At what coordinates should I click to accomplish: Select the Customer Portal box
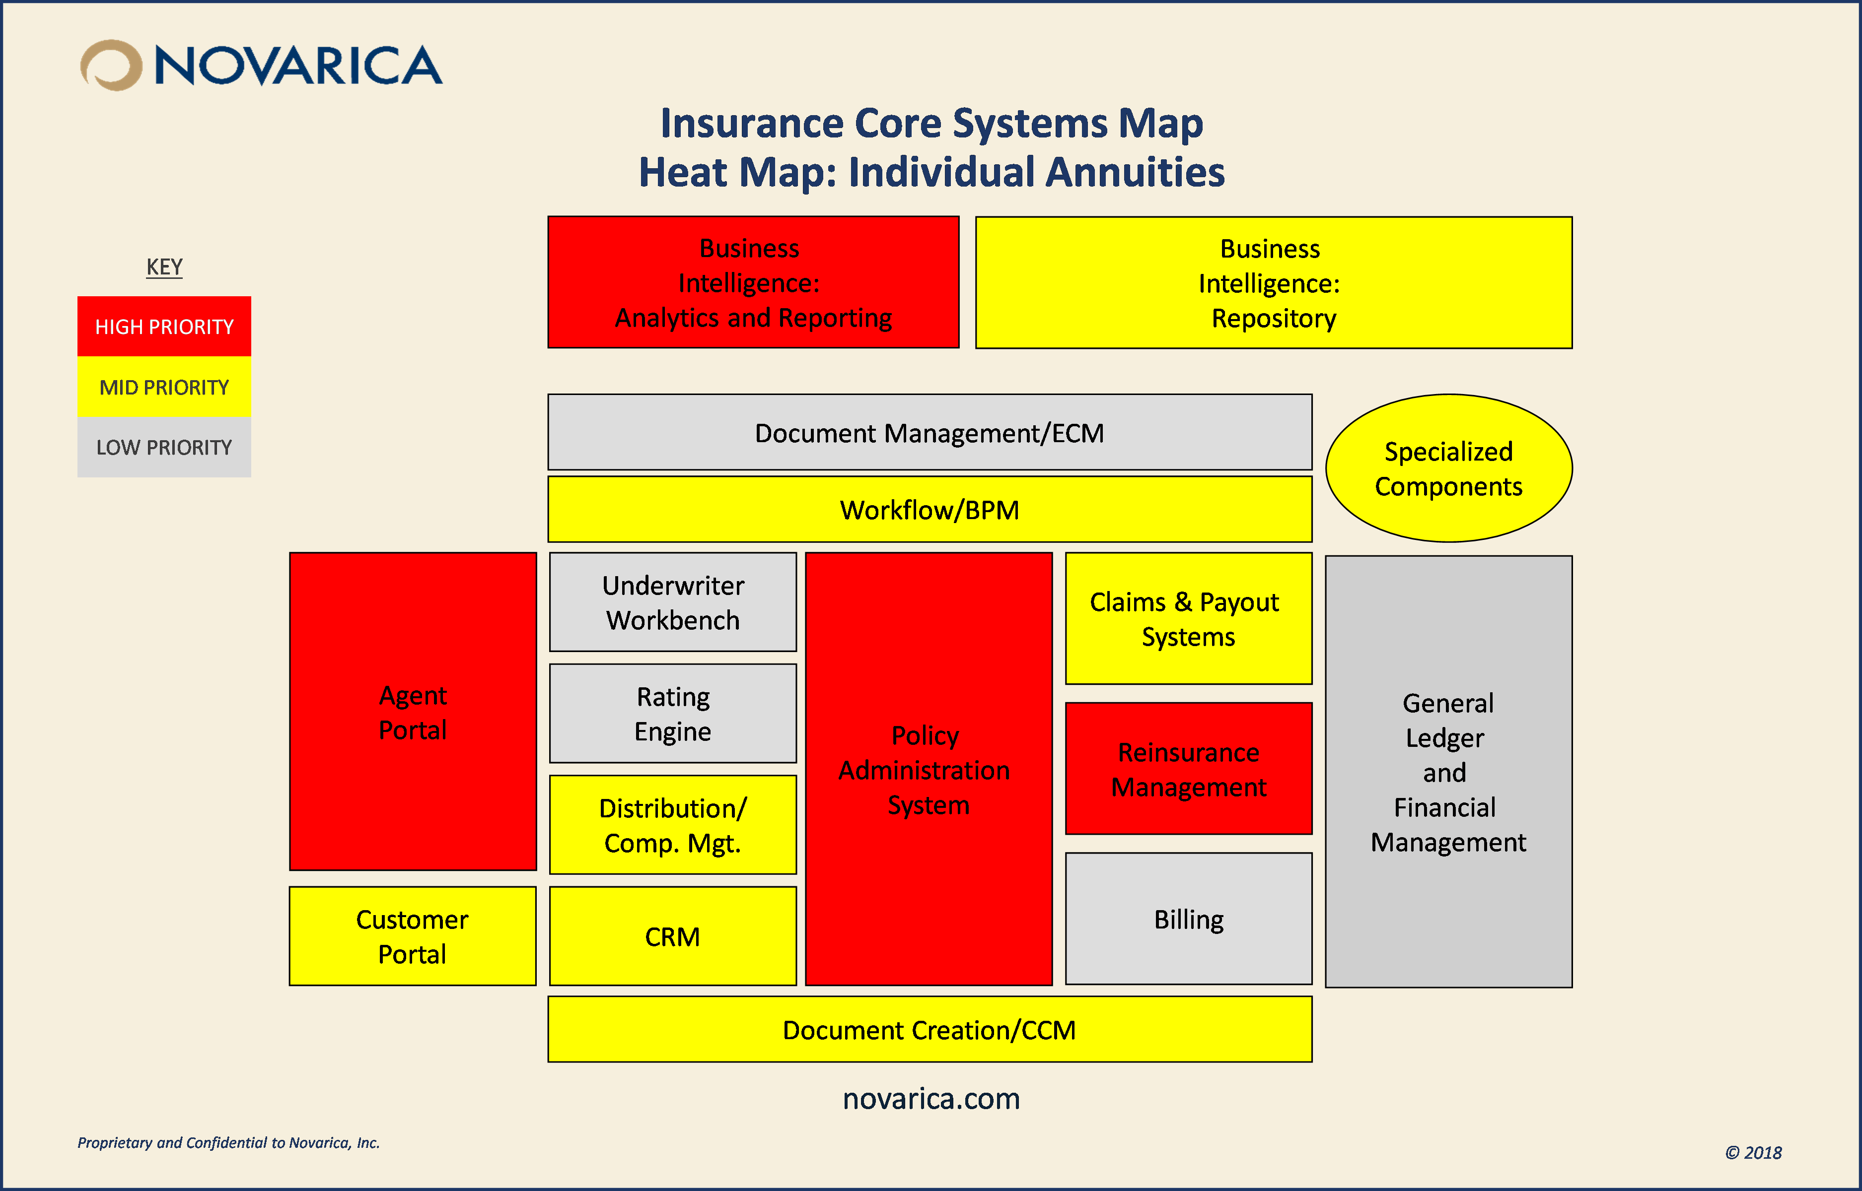point(412,936)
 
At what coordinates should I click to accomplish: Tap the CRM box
point(672,936)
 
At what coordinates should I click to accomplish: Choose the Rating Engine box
point(672,713)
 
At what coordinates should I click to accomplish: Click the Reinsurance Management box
point(1188,768)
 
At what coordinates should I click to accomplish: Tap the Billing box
point(1188,919)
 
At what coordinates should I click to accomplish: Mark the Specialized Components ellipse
point(1448,468)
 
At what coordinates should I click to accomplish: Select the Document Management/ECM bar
point(929,432)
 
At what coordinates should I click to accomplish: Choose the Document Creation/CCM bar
point(929,1029)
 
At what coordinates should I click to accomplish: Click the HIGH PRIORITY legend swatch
point(164,327)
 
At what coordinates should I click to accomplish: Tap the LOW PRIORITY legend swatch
point(164,447)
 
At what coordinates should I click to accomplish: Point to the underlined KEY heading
point(164,267)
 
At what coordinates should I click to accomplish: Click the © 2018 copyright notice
point(1753,1152)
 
